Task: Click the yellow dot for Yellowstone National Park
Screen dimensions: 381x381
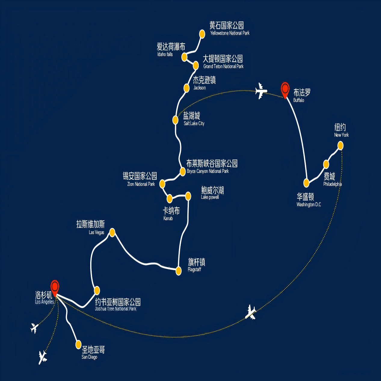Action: point(202,34)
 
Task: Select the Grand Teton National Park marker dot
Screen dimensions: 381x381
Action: point(196,65)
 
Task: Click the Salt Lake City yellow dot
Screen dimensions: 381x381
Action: point(175,120)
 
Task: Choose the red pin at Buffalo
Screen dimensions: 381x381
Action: point(285,89)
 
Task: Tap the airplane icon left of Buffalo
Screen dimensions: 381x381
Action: point(261,91)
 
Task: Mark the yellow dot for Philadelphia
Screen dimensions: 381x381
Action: point(326,164)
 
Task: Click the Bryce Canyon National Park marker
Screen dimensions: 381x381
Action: point(183,172)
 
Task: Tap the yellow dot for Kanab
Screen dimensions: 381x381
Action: point(170,198)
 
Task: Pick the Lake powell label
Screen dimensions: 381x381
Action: point(212,193)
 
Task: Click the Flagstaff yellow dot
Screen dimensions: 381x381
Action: point(178,271)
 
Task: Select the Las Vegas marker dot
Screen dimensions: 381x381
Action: point(112,232)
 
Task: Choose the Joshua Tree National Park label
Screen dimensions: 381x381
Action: point(118,304)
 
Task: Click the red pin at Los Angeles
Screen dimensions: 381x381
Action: point(55,287)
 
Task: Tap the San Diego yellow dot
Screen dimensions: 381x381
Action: point(78,344)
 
